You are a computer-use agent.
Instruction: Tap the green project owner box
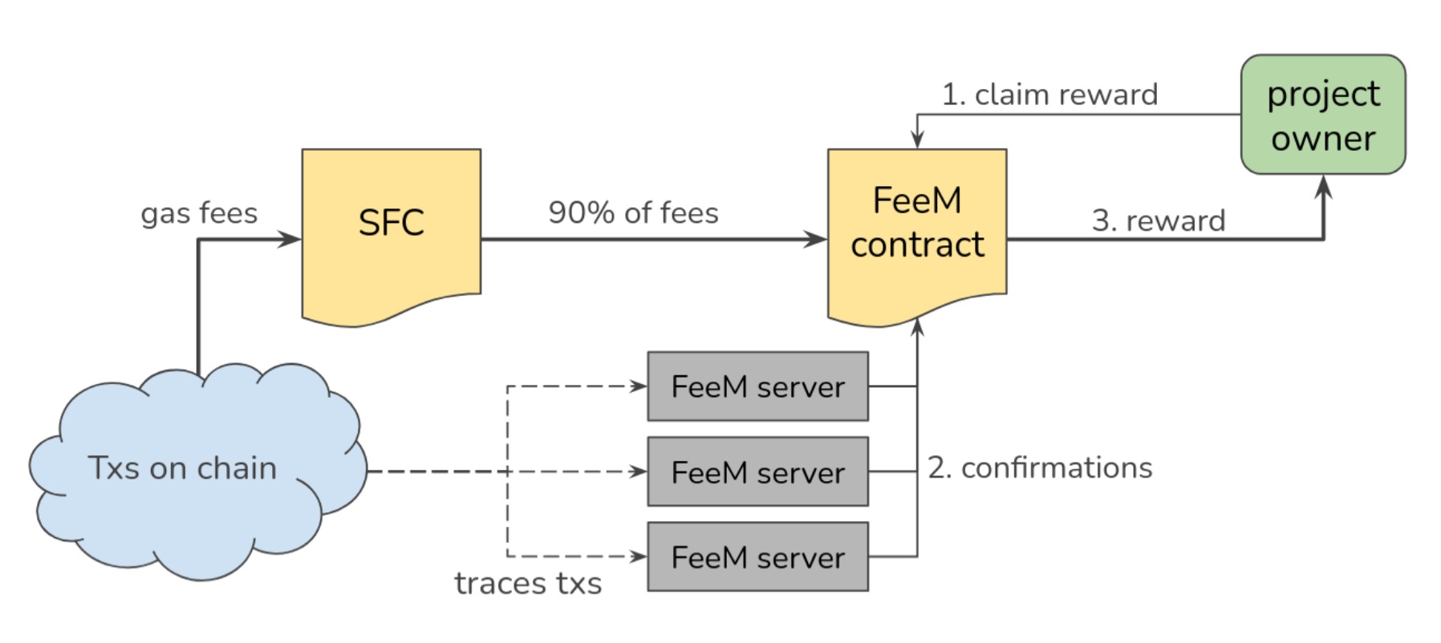pos(1322,115)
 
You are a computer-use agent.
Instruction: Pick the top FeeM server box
pos(757,386)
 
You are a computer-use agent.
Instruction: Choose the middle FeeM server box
pos(757,472)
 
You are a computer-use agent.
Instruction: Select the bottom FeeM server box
pos(757,557)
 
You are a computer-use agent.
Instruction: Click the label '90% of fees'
pos(633,213)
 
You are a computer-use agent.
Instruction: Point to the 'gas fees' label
pos(199,213)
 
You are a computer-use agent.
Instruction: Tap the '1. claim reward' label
pos(1049,95)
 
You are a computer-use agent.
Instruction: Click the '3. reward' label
pos(1158,220)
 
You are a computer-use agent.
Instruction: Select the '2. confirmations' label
pos(1040,467)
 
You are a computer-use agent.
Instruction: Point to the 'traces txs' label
pos(528,584)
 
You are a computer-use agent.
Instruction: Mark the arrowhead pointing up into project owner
pos(1323,186)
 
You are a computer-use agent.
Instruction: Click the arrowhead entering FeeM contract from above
pos(917,140)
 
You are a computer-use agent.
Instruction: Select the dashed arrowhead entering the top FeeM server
pos(639,386)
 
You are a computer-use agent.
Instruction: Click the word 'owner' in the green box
pos(1323,139)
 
